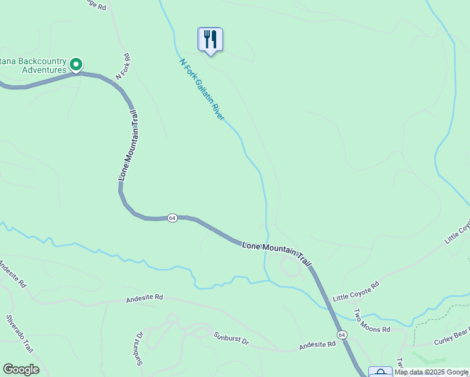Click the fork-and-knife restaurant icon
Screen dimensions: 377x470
pyautogui.click(x=210, y=40)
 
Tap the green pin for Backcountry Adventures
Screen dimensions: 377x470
pyautogui.click(x=76, y=64)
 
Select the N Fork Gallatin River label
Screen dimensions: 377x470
pyautogui.click(x=202, y=90)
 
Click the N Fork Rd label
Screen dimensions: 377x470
pyautogui.click(x=123, y=67)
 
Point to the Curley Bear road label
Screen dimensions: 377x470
pyautogui.click(x=452, y=341)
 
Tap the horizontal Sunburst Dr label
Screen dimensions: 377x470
pyautogui.click(x=231, y=339)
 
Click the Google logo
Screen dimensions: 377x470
pyautogui.click(x=21, y=369)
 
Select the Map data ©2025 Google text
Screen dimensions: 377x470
pyautogui.click(x=431, y=372)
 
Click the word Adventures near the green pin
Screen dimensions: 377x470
pyautogui.click(x=44, y=70)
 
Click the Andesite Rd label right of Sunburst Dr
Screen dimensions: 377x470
pyautogui.click(x=318, y=346)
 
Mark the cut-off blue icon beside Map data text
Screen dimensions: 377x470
pyautogui.click(x=380, y=372)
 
